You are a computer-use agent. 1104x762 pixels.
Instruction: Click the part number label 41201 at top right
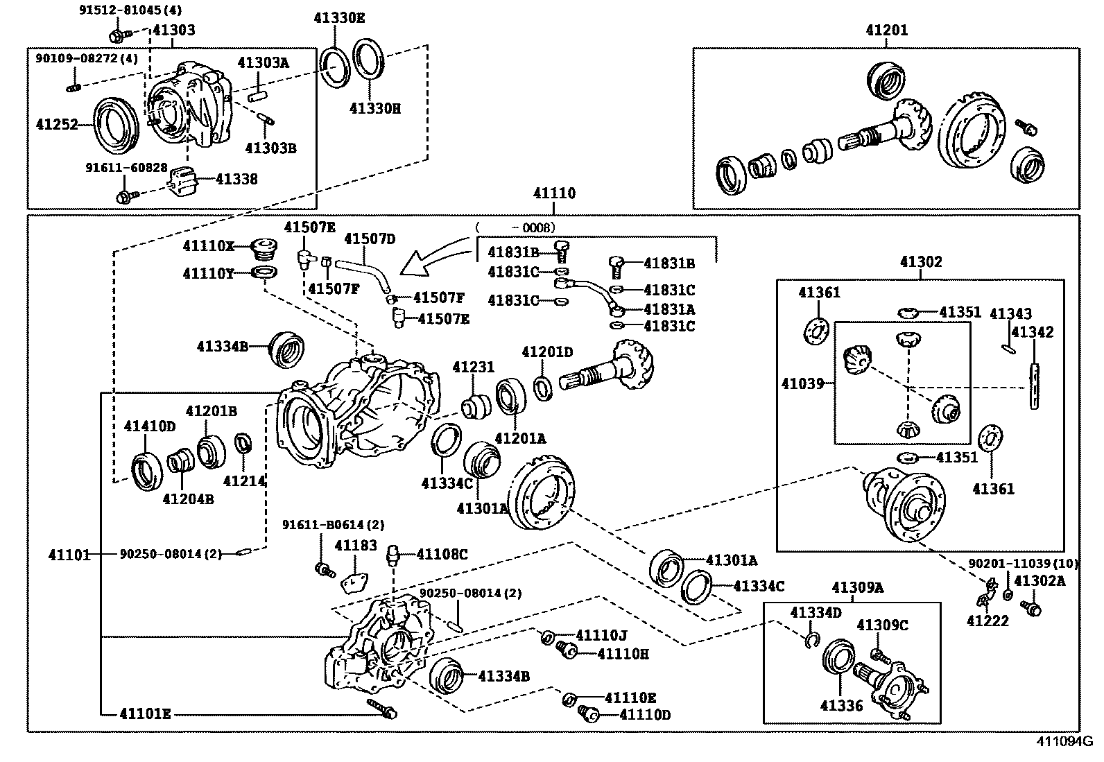click(886, 31)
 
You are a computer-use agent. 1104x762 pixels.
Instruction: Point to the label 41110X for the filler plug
click(209, 246)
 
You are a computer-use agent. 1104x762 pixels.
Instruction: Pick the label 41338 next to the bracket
click(236, 179)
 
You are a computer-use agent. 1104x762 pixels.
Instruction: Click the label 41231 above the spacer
click(473, 367)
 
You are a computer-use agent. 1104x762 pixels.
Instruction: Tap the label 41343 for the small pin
click(1010, 314)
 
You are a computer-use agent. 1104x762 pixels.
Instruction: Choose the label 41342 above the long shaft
click(1033, 332)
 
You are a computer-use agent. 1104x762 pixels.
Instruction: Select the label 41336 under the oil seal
click(841, 706)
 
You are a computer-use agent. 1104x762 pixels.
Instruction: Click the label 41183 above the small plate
click(355, 546)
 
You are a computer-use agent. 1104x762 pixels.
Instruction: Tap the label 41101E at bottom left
click(144, 713)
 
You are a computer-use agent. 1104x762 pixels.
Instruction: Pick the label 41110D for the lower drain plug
click(645, 714)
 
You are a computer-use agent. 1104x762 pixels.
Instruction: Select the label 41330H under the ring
click(374, 108)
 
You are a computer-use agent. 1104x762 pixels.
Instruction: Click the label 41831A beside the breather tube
click(669, 309)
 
